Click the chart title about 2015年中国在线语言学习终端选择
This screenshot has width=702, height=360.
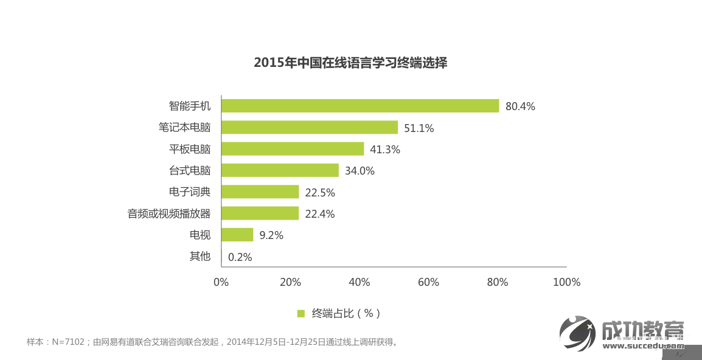tap(350, 63)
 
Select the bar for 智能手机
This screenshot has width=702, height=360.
tap(360, 106)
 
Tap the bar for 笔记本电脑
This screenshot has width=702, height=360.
tap(310, 127)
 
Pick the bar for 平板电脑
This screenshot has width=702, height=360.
tap(293, 149)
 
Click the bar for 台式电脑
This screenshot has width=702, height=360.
tap(280, 170)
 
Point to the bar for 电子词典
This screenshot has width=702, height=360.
tap(260, 192)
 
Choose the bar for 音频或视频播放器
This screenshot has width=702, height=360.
tap(260, 213)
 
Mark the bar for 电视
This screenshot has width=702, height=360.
tap(237, 235)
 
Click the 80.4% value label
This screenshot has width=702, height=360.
tap(520, 106)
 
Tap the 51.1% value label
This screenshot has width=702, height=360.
tap(419, 128)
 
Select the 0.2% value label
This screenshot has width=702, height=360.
tap(240, 257)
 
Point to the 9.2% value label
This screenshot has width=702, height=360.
tap(271, 235)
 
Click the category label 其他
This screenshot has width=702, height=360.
tap(200, 256)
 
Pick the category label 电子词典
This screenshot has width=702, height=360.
tap(190, 192)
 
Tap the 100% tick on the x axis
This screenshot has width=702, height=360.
tap(566, 282)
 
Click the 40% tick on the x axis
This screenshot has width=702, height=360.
tap(360, 282)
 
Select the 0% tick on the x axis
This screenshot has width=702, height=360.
tap(221, 282)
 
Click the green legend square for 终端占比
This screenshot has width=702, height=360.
tap(301, 314)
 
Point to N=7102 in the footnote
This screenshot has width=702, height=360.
tap(68, 342)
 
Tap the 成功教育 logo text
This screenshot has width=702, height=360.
tap(642, 330)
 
